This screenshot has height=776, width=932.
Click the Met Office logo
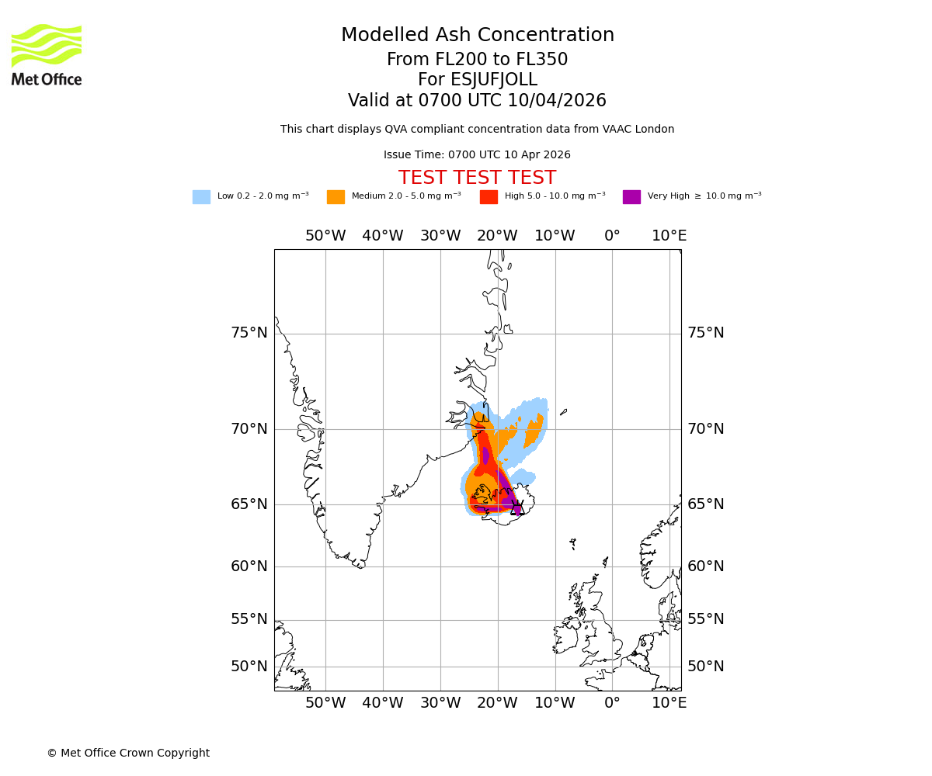coord(47,54)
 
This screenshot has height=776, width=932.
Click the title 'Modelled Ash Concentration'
coord(477,36)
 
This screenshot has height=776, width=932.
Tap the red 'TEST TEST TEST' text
coord(477,178)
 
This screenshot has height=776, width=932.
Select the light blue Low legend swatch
coord(201,197)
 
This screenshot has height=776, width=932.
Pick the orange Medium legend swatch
coord(336,197)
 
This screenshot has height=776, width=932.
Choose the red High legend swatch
coord(489,197)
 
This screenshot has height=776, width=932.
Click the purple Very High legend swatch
coord(631,197)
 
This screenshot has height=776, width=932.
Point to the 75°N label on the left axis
coord(249,333)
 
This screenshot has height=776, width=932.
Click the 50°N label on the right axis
coord(705,667)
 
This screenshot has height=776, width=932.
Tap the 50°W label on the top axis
coord(325,236)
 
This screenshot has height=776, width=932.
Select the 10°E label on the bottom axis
coord(669,703)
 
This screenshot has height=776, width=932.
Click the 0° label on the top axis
coord(612,236)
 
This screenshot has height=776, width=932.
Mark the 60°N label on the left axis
coord(249,566)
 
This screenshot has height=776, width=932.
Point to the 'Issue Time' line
coord(477,155)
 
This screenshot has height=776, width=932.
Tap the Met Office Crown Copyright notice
coord(128,753)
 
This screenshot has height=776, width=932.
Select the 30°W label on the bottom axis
coord(440,703)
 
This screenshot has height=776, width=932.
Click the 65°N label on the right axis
coord(705,504)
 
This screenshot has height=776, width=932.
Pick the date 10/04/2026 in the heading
coord(557,101)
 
